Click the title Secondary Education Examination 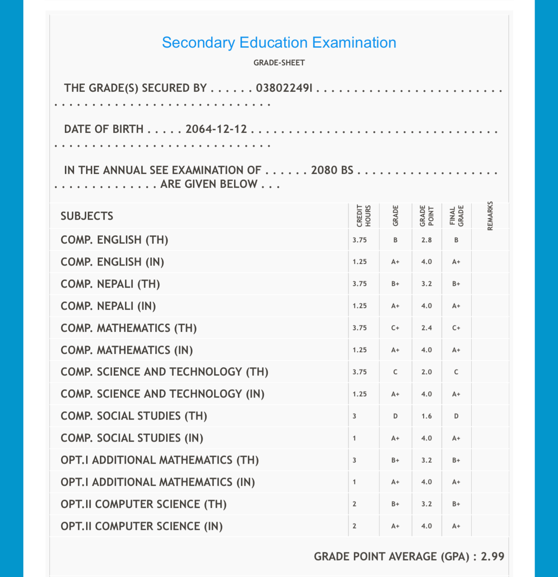[279, 42]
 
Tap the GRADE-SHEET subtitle [279, 63]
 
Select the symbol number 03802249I [284, 88]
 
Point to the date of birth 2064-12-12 [216, 129]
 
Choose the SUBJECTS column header [87, 216]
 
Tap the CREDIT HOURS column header [363, 215]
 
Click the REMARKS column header [490, 215]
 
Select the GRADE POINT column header [427, 215]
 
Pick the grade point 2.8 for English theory [427, 240]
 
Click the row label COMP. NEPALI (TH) [110, 284]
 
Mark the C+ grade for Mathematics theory [395, 328]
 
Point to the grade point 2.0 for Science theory [427, 372]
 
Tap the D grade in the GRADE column [395, 416]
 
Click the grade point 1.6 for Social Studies [427, 416]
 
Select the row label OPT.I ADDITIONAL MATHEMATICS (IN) [158, 482]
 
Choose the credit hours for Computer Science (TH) [354, 504]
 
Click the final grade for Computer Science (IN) [456, 526]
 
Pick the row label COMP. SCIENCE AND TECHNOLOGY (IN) [163, 394]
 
